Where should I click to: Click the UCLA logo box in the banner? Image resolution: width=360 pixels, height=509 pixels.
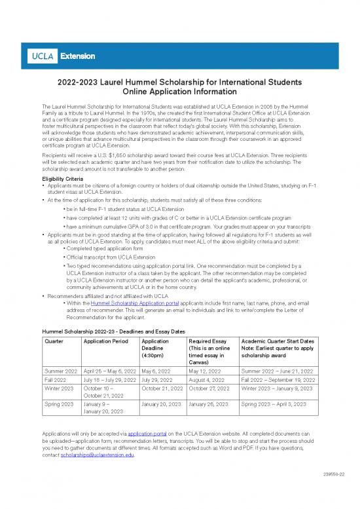(43, 56)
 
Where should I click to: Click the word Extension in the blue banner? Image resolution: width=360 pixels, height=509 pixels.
(73, 56)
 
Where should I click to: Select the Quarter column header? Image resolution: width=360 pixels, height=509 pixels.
(55, 341)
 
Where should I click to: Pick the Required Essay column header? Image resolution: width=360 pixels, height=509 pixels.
(207, 341)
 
